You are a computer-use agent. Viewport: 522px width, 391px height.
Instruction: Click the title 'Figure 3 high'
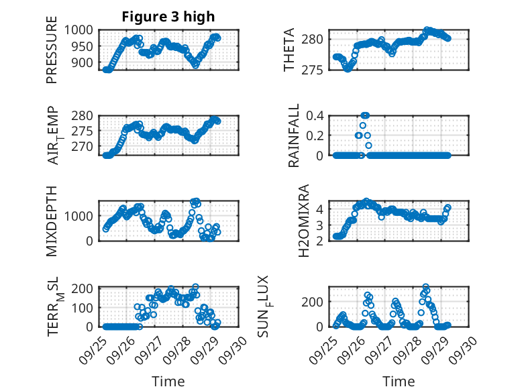click(168, 17)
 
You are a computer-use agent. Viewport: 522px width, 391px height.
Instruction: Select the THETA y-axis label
click(289, 50)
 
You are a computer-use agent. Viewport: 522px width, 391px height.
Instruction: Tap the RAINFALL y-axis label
click(293, 136)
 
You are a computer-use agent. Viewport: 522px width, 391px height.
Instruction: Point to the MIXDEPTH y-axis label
click(52, 221)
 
